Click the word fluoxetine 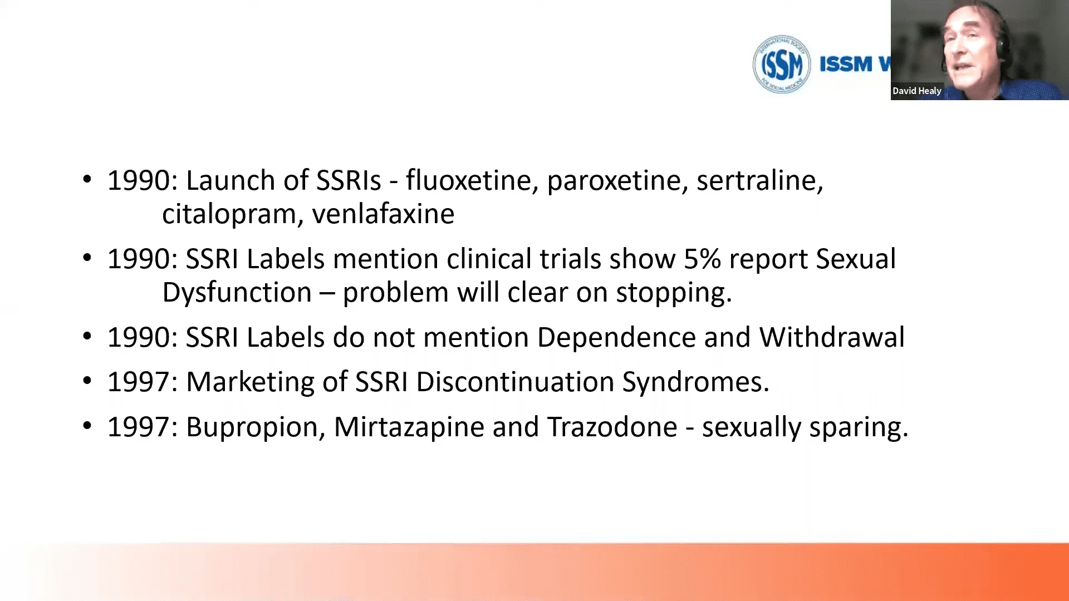coord(468,181)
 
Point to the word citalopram coord(228,215)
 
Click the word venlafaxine coord(383,214)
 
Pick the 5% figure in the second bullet coord(702,259)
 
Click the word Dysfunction coord(237,293)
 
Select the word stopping coord(673,293)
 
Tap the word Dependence coord(616,338)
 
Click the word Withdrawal coord(832,338)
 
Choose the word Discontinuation coord(514,382)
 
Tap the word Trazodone coord(612,427)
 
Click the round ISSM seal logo coord(781,64)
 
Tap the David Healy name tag coord(916,91)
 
